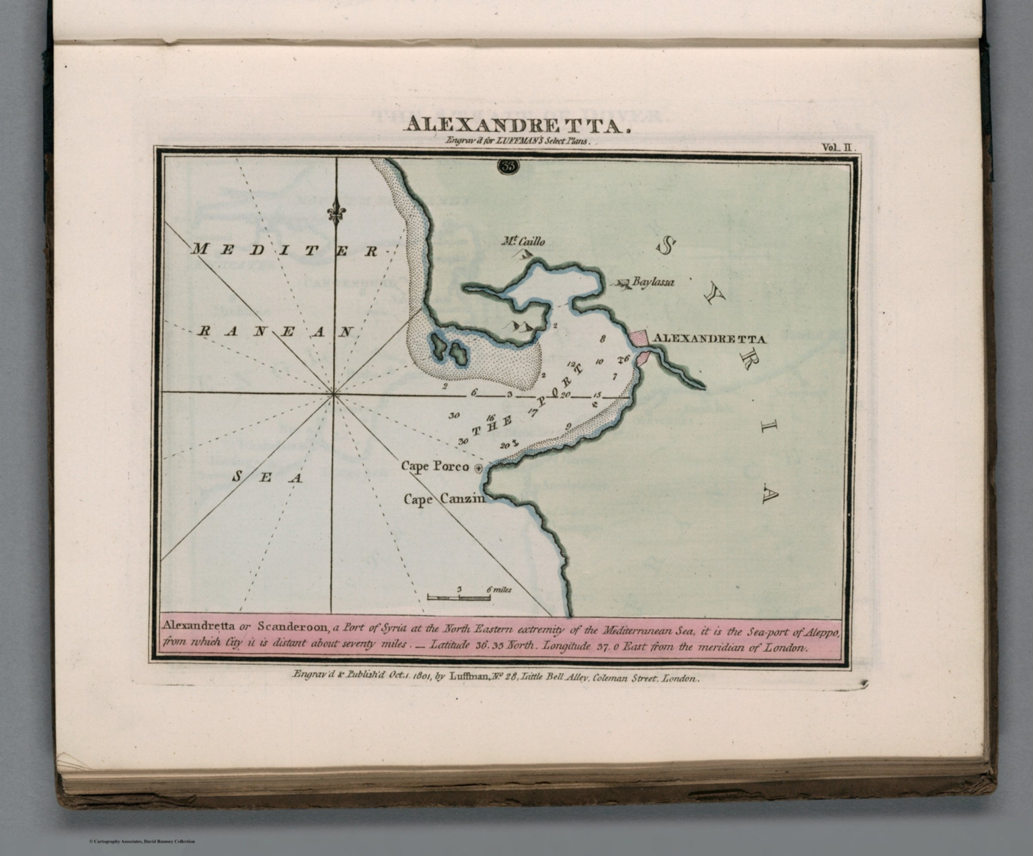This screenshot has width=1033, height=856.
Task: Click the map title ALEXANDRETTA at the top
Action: click(x=516, y=125)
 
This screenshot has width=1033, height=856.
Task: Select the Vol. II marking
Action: click(x=839, y=146)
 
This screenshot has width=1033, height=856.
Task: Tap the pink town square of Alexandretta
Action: click(x=639, y=338)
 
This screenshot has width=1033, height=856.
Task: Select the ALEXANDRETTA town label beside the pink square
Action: click(x=710, y=338)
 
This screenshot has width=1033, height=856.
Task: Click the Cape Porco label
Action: click(x=434, y=465)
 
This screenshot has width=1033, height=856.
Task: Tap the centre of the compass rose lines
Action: click(x=334, y=395)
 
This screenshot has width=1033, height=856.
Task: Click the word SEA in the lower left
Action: click(x=267, y=477)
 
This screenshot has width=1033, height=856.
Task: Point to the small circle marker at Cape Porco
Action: click(x=479, y=468)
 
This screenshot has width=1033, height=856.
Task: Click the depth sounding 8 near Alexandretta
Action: click(x=603, y=340)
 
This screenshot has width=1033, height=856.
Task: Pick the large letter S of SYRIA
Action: click(x=666, y=247)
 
